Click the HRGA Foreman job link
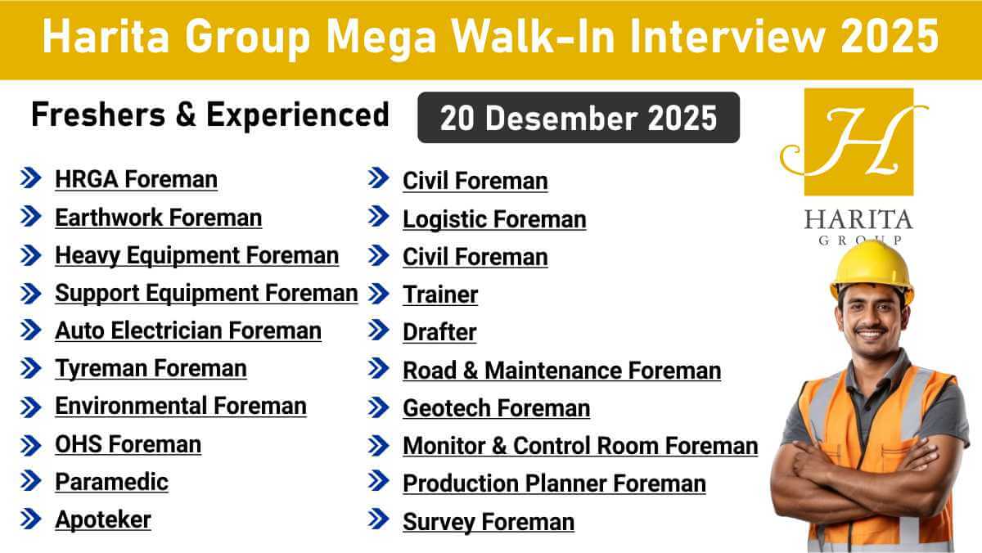click(x=136, y=179)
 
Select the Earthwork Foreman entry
click(x=158, y=218)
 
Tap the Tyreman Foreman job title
click(x=151, y=369)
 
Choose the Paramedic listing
click(x=111, y=482)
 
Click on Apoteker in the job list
click(x=103, y=519)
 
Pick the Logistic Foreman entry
click(x=494, y=219)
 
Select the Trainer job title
click(x=440, y=294)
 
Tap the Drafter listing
click(x=439, y=332)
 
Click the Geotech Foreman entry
click(x=496, y=407)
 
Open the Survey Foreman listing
click(x=489, y=522)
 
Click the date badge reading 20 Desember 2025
click(x=578, y=118)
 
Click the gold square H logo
click(x=858, y=142)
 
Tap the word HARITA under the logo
click(x=858, y=220)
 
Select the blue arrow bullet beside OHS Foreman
click(x=30, y=445)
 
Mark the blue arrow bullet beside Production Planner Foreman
click(x=378, y=483)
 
